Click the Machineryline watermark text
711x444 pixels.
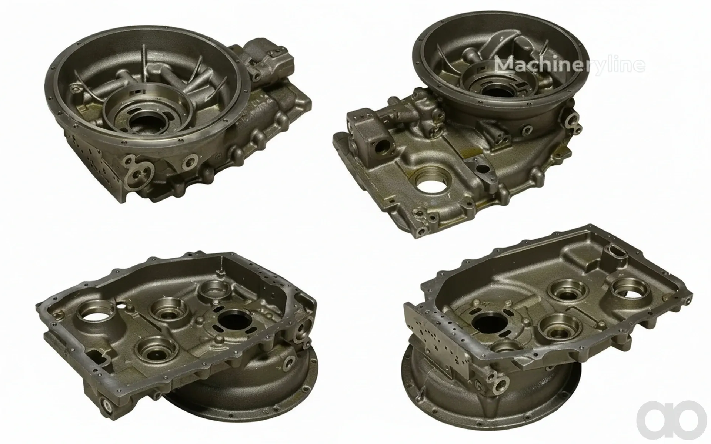570,64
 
